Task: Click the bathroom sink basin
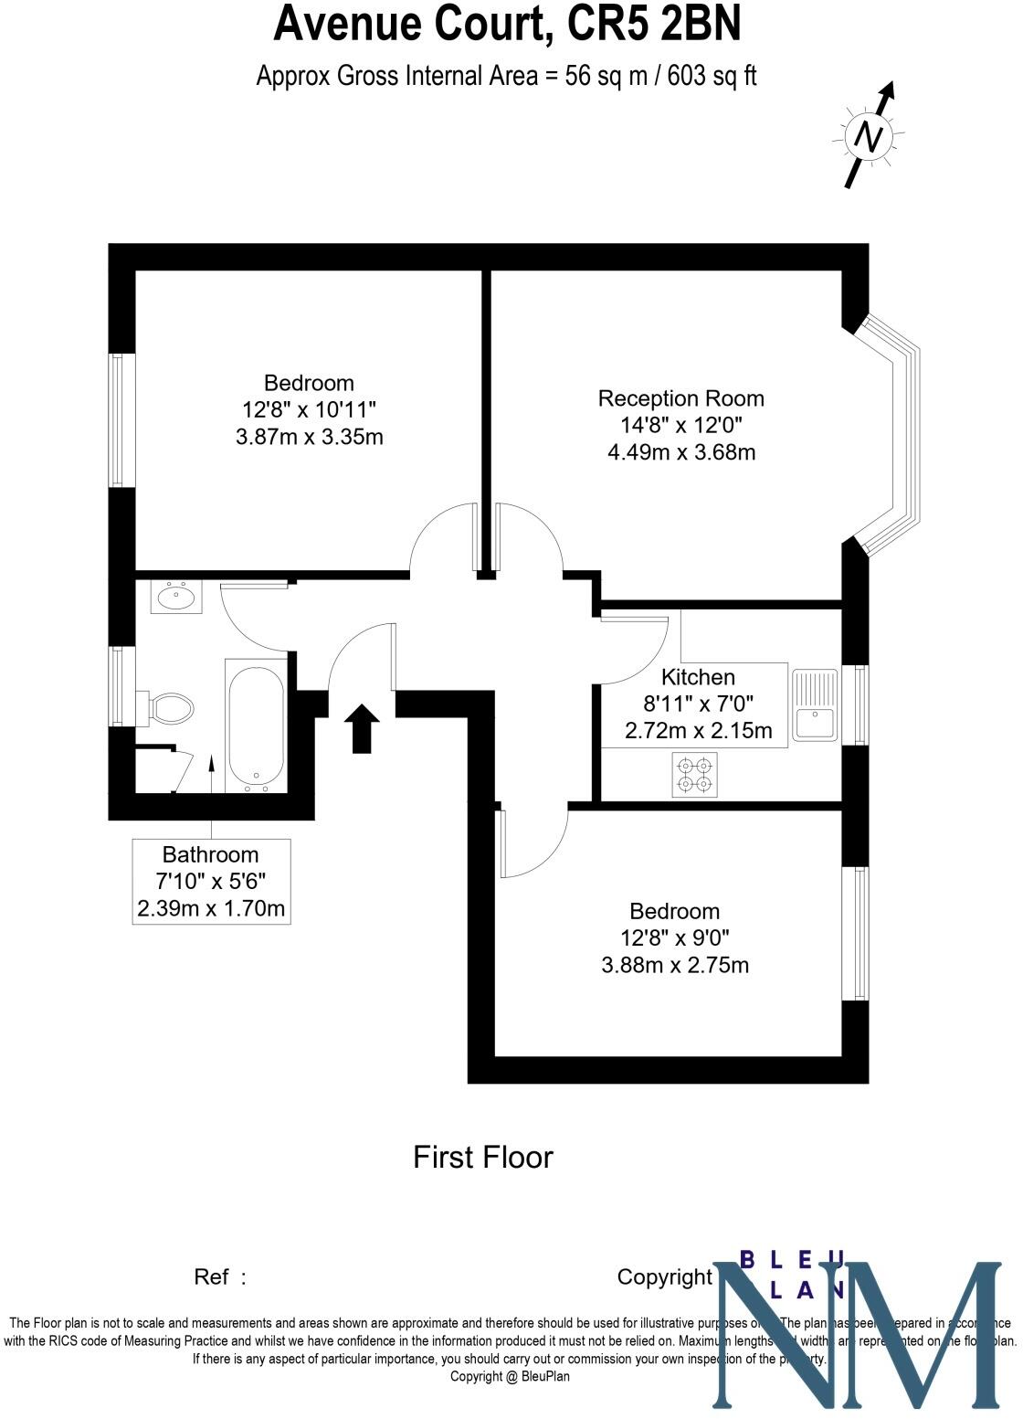coord(175,598)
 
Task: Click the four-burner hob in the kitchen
coord(695,774)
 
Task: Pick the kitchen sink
coord(814,704)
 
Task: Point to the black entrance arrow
coord(363,728)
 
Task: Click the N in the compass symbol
coord(868,138)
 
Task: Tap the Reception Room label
coord(680,398)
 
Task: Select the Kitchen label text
coord(698,677)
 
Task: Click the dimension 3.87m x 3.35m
coord(309,437)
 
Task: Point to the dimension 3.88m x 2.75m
coord(675,965)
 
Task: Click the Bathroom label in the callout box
coord(210,854)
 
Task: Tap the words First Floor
coord(483,1157)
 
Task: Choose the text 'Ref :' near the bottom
coord(220,1276)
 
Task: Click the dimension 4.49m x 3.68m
coord(681,451)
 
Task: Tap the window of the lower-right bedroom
coord(860,933)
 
